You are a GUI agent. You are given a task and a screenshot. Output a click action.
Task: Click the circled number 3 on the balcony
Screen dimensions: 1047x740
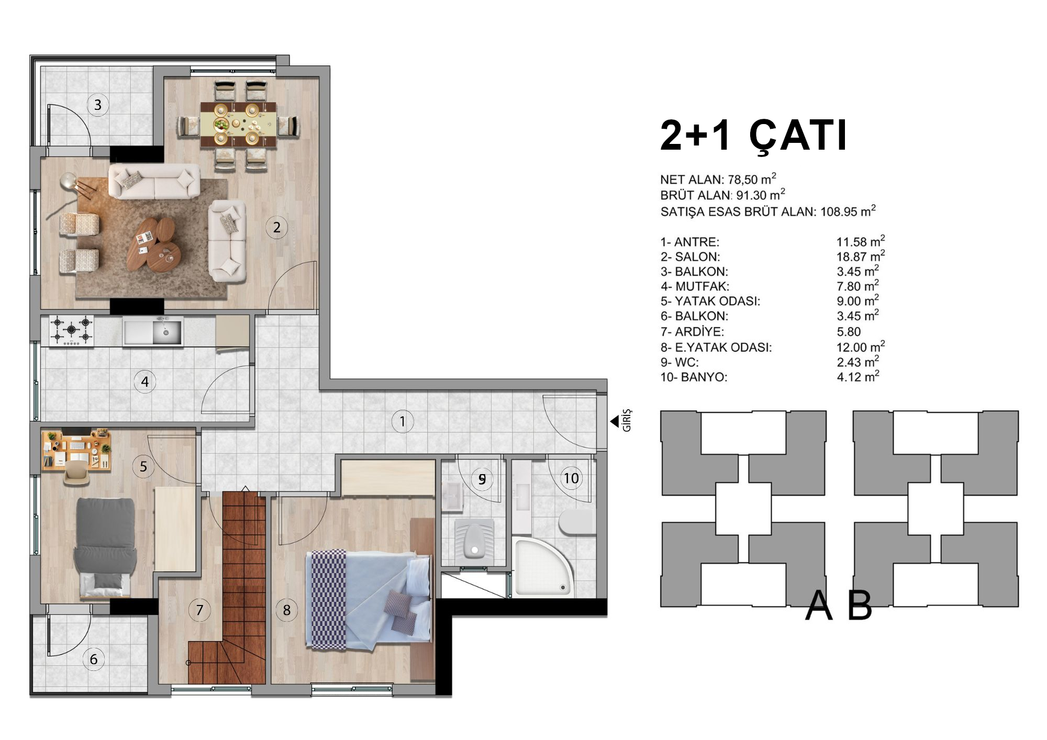98,105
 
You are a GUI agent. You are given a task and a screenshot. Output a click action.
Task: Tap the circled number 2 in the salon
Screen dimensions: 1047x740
276,227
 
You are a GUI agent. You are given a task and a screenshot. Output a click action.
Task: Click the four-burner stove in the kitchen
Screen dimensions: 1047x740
71,330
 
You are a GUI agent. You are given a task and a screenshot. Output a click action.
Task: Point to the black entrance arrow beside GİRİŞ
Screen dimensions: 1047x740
615,421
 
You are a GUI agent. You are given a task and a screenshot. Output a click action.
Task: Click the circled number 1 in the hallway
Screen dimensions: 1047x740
402,421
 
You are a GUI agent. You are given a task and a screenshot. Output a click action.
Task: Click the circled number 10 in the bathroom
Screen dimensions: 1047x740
571,478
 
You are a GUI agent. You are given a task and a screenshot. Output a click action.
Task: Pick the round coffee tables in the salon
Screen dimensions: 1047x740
155,243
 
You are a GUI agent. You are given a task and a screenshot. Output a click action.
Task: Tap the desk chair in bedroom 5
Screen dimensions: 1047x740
76,473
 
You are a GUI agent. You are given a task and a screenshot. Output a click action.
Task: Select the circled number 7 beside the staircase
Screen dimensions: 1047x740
199,610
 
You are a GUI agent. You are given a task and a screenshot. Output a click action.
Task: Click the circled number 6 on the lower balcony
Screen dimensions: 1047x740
94,659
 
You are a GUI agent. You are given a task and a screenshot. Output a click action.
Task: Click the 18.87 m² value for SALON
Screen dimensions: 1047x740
861,256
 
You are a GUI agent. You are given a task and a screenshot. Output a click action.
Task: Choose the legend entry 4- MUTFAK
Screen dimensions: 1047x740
695,286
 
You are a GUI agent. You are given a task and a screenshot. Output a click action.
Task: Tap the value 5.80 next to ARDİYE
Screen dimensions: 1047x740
849,332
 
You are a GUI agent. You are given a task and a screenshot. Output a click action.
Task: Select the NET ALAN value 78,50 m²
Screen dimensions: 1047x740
752,179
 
